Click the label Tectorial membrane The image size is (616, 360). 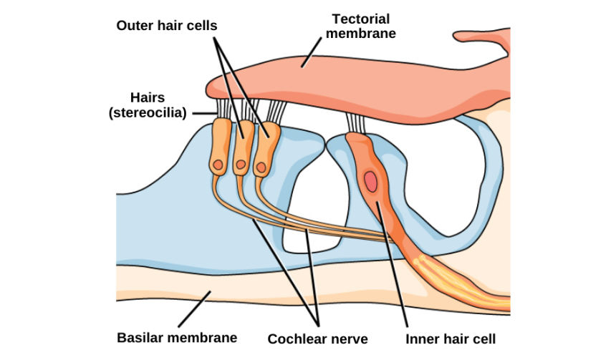pyautogui.click(x=366, y=26)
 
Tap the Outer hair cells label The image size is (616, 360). pyautogui.click(x=167, y=25)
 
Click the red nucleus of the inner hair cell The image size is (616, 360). pyautogui.click(x=370, y=181)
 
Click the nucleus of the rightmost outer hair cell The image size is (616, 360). pyautogui.click(x=261, y=168)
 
